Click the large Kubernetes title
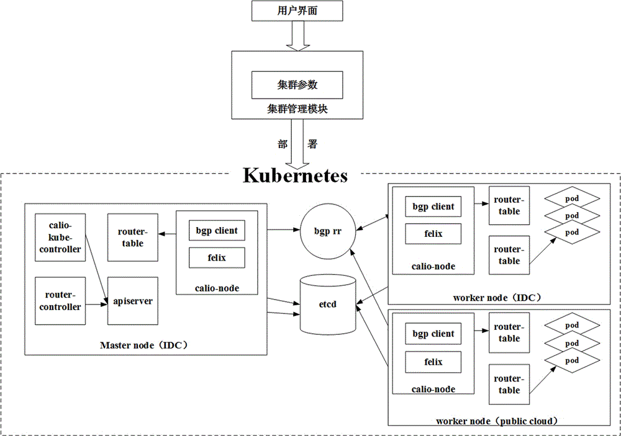pos(295,175)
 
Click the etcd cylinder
pos(329,305)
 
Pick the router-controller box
pos(60,301)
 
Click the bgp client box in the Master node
pos(217,231)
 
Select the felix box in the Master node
pos(217,257)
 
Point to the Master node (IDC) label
pos(144,344)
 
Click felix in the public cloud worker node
pos(433,362)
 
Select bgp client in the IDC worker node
pos(433,207)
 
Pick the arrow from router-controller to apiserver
pos(94,304)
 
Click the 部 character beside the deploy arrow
pos(283,143)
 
